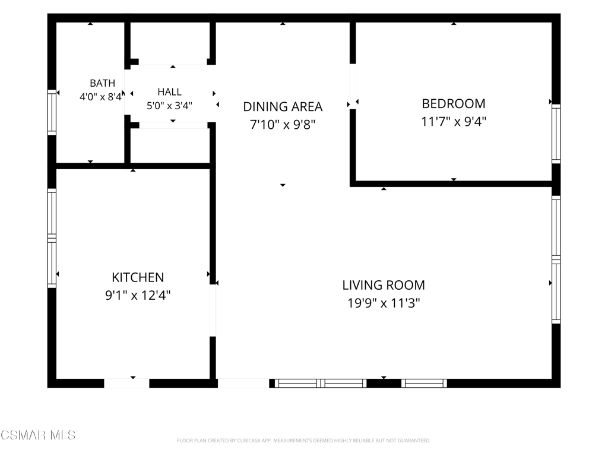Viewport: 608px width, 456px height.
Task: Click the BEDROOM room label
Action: coord(453,103)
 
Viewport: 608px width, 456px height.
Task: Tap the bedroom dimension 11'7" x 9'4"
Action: coord(453,121)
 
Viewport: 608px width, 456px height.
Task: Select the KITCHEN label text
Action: coord(138,277)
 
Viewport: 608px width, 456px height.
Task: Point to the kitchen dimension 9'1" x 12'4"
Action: coord(138,296)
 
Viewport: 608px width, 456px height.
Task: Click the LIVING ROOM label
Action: coord(384,285)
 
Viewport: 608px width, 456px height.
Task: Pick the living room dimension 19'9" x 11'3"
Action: coord(384,303)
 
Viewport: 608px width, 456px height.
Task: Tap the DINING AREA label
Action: coord(283,106)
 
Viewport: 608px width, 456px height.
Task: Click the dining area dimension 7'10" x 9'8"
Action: coord(283,125)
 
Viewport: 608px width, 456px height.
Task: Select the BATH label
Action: coord(102,83)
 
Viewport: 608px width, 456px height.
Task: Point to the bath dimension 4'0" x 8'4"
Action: coord(102,97)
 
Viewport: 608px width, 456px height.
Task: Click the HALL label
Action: coord(169,92)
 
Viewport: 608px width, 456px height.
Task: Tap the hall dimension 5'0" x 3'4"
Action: coord(169,106)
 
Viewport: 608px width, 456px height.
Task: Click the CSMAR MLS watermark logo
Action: coord(38,435)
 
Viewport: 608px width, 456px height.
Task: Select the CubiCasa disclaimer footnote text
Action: coord(303,441)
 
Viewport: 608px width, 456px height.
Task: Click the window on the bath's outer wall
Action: coord(52,112)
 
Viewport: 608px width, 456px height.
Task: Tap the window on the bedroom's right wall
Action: coord(556,134)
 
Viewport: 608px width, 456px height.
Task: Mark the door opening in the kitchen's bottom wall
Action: coord(126,383)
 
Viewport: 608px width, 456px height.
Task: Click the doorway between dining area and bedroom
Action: coord(353,87)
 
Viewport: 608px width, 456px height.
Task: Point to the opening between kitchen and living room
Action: coord(213,310)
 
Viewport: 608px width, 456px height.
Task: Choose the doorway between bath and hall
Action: coord(127,92)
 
